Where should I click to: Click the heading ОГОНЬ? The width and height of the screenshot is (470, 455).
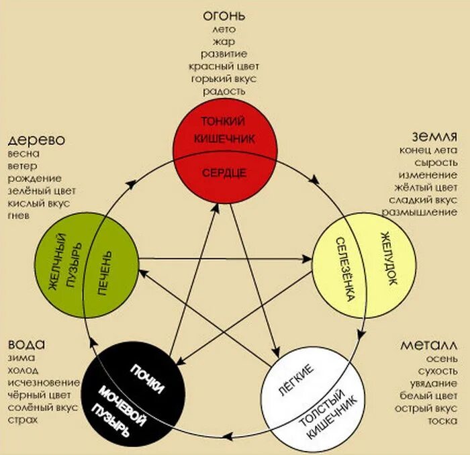[224, 15]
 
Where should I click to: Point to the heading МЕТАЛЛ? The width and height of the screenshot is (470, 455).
[429, 346]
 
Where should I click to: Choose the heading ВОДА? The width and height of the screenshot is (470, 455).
[28, 344]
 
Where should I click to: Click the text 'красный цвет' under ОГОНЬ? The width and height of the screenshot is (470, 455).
[224, 66]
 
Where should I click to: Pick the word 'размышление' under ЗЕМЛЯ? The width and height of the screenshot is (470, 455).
[420, 211]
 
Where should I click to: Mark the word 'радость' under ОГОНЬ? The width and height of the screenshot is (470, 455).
[224, 91]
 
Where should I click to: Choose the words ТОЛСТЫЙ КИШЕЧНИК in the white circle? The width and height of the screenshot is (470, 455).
[334, 413]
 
